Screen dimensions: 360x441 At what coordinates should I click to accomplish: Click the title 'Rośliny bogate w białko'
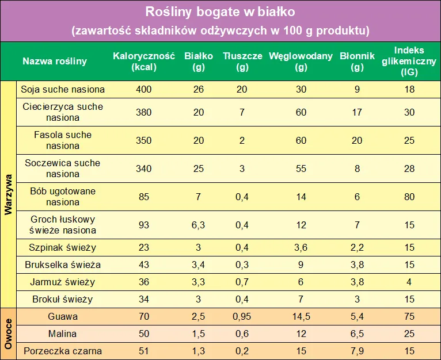click(221, 11)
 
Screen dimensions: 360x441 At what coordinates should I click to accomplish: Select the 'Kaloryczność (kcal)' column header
click(143, 61)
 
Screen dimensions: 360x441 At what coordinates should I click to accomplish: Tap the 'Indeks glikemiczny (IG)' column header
click(409, 61)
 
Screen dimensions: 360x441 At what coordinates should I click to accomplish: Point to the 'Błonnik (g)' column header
click(357, 61)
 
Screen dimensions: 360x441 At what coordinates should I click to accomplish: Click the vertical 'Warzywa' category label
click(8, 194)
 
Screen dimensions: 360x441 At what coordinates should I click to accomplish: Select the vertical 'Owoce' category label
click(8, 334)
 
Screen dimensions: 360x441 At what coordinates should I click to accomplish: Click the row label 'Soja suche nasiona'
click(63, 89)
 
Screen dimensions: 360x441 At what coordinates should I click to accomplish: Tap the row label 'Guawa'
click(63, 316)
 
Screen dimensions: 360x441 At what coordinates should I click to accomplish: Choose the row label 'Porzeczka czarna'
click(63, 351)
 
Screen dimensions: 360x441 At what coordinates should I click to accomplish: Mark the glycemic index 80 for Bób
click(409, 197)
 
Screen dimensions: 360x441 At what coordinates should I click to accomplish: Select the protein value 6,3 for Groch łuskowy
click(198, 225)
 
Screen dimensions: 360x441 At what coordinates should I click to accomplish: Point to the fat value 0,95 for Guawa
click(242, 316)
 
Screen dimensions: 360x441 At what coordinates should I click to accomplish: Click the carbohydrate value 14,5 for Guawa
click(301, 316)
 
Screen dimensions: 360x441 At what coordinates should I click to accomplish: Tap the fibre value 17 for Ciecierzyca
click(357, 112)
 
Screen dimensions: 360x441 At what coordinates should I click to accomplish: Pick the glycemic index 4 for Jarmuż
click(409, 282)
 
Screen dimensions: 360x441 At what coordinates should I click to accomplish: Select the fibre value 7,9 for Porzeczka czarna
click(357, 351)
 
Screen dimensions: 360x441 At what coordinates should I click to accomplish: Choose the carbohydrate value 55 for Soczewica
click(301, 168)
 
